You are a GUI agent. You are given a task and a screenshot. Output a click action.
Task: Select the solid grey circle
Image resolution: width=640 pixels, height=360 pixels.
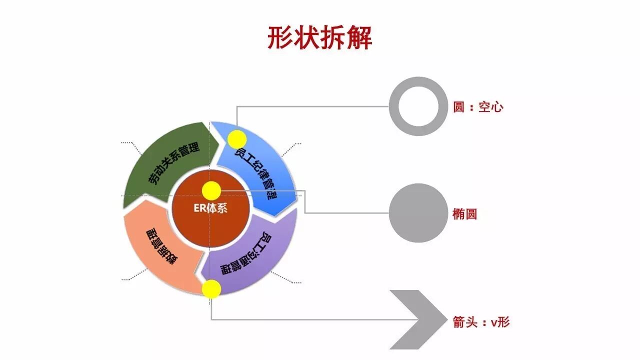[418, 213]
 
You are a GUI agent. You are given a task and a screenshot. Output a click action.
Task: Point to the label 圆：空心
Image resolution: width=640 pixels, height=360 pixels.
[478, 107]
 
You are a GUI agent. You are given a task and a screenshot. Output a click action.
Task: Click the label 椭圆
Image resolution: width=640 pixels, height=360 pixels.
[464, 214]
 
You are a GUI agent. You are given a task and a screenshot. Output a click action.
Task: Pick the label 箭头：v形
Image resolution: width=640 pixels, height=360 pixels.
[481, 322]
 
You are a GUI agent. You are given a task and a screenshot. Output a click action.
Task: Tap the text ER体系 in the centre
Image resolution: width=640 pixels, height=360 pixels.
[210, 208]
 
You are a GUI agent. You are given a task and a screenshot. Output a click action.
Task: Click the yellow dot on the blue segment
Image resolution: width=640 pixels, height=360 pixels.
[237, 139]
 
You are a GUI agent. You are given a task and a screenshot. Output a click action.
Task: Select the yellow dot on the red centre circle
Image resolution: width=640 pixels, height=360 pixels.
[211, 190]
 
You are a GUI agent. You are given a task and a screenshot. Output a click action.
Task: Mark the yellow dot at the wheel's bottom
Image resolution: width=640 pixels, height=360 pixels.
[211, 289]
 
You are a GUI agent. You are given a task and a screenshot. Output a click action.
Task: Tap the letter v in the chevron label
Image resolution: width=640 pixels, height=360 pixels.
[493, 322]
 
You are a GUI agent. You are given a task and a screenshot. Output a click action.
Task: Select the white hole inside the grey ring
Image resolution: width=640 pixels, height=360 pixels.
[418, 106]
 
